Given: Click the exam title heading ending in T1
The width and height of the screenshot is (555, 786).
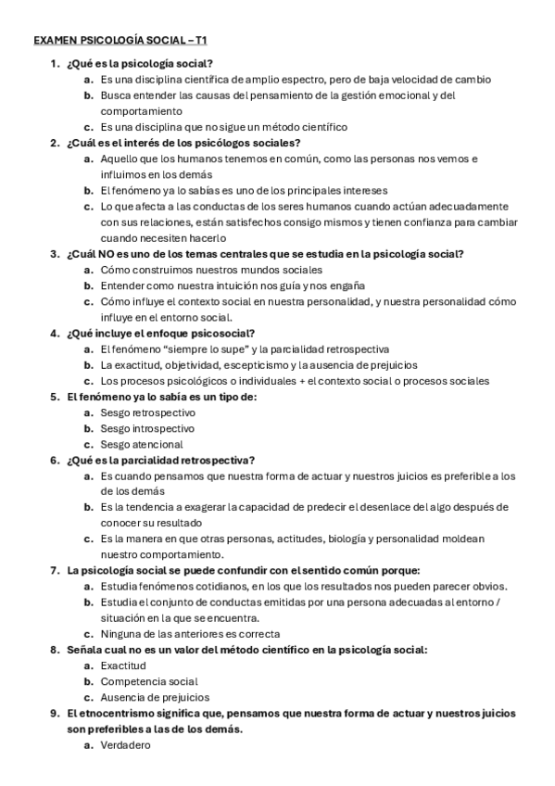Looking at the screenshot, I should coord(120,42).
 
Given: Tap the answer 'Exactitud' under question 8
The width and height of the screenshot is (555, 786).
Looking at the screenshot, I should coord(123,666).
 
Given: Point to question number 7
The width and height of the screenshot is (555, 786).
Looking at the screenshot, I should coord(54,570).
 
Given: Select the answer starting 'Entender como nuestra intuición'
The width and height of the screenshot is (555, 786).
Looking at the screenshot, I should coord(232,285).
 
